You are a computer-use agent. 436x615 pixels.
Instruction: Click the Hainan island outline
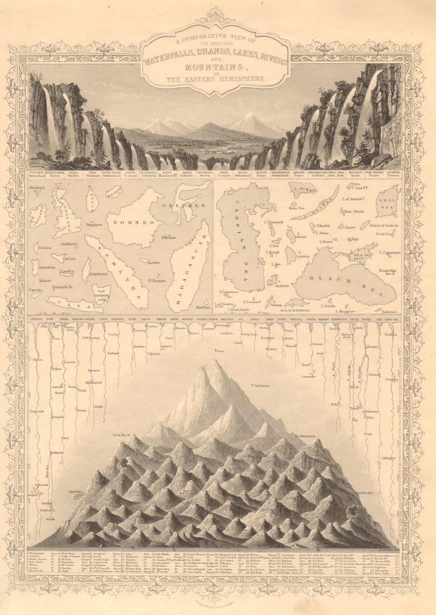coord(113,193)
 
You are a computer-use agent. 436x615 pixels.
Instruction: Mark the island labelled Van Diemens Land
coord(101,294)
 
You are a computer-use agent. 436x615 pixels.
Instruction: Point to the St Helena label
coord(169,238)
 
